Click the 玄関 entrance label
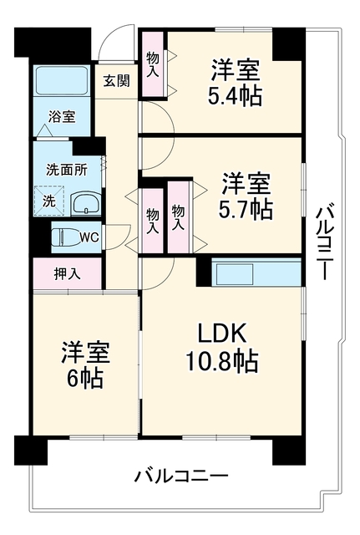coord(117,81)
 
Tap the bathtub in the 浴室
coord(62,81)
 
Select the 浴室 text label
coord(62,117)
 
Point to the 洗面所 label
coord(67,170)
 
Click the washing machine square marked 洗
coord(49,201)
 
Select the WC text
coord(89,237)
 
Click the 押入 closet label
coord(68,273)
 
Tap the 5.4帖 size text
coord(235,96)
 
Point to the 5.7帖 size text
coord(246,210)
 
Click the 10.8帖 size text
coord(222,362)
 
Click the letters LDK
coord(223,334)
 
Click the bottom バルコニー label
coord(180,476)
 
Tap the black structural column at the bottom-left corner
coord(31,450)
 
